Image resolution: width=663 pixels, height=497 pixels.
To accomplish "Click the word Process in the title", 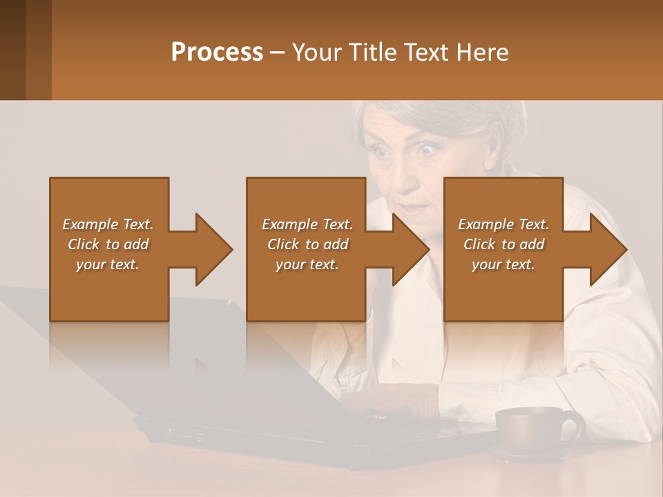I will click(x=217, y=52).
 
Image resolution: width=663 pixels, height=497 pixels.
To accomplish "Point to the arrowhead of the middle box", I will click(x=410, y=249).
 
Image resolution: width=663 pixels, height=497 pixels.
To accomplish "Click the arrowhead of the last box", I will click(x=608, y=249).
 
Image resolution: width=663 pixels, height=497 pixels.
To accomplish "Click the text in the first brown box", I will click(x=108, y=244).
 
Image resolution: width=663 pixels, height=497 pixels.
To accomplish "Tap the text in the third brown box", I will click(x=503, y=244).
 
